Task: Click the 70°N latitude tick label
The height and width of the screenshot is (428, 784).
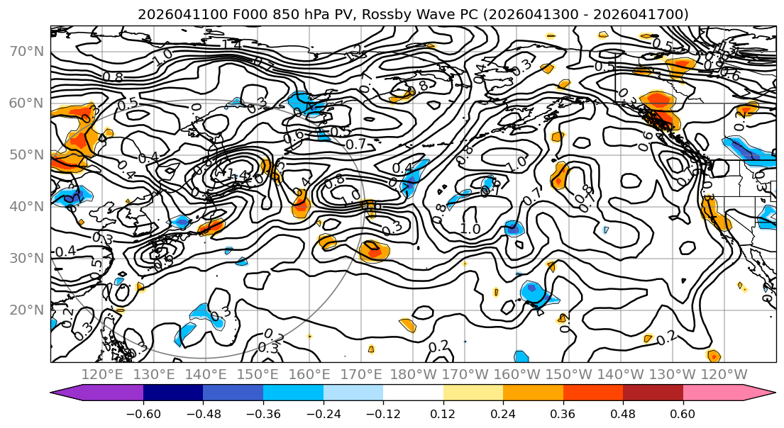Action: click(x=26, y=51)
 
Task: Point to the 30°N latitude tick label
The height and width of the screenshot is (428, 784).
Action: click(x=26, y=258)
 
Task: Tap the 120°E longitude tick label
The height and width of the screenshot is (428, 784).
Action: click(x=103, y=374)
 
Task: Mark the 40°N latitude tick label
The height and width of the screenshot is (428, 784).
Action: click(x=26, y=206)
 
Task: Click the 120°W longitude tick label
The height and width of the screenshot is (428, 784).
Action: click(x=724, y=374)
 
